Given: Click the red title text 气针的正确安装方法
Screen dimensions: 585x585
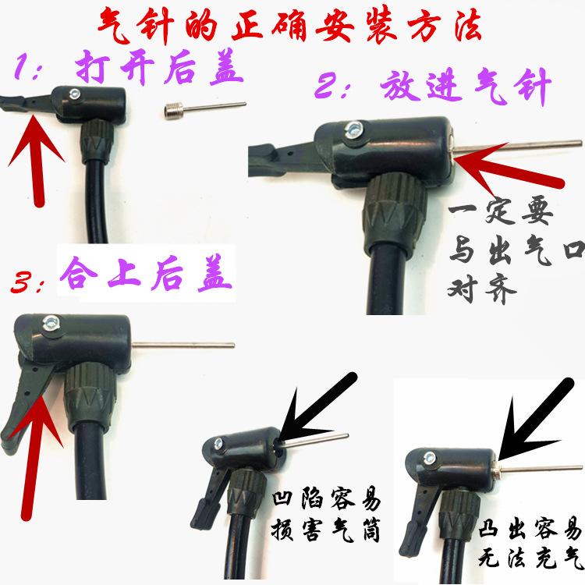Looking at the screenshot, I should [x=293, y=27].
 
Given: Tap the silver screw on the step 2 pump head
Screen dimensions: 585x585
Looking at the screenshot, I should [x=350, y=129].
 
